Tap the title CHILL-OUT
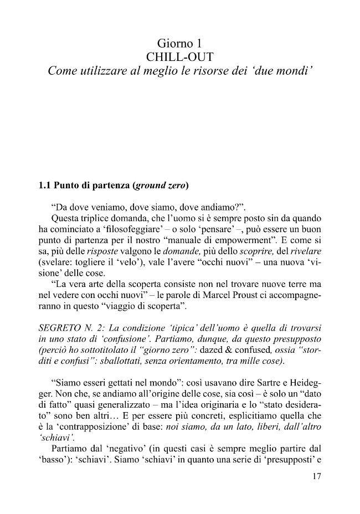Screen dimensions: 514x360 click(x=181, y=56)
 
